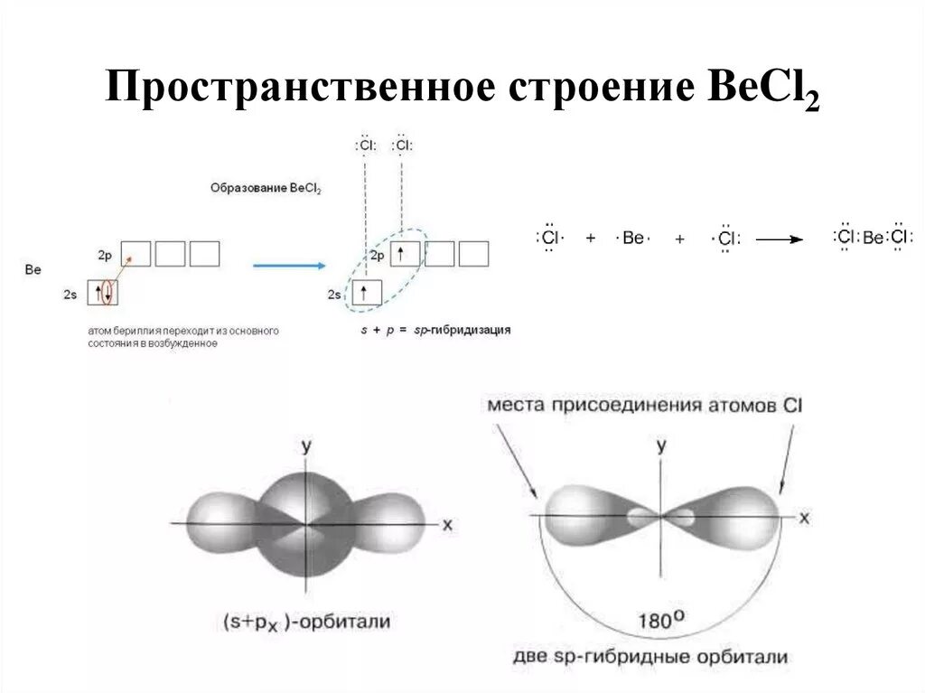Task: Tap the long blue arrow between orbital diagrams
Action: (x=288, y=266)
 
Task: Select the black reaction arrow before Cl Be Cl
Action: (x=779, y=239)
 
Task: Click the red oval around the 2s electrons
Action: (x=107, y=292)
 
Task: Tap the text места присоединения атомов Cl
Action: (x=644, y=406)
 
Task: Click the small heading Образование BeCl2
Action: (x=266, y=188)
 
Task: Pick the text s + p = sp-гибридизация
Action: (x=435, y=331)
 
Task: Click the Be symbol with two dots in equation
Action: (x=633, y=239)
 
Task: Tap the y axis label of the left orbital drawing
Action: (x=306, y=445)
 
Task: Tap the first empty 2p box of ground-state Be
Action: (x=137, y=254)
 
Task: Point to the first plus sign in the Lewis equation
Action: (x=591, y=239)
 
